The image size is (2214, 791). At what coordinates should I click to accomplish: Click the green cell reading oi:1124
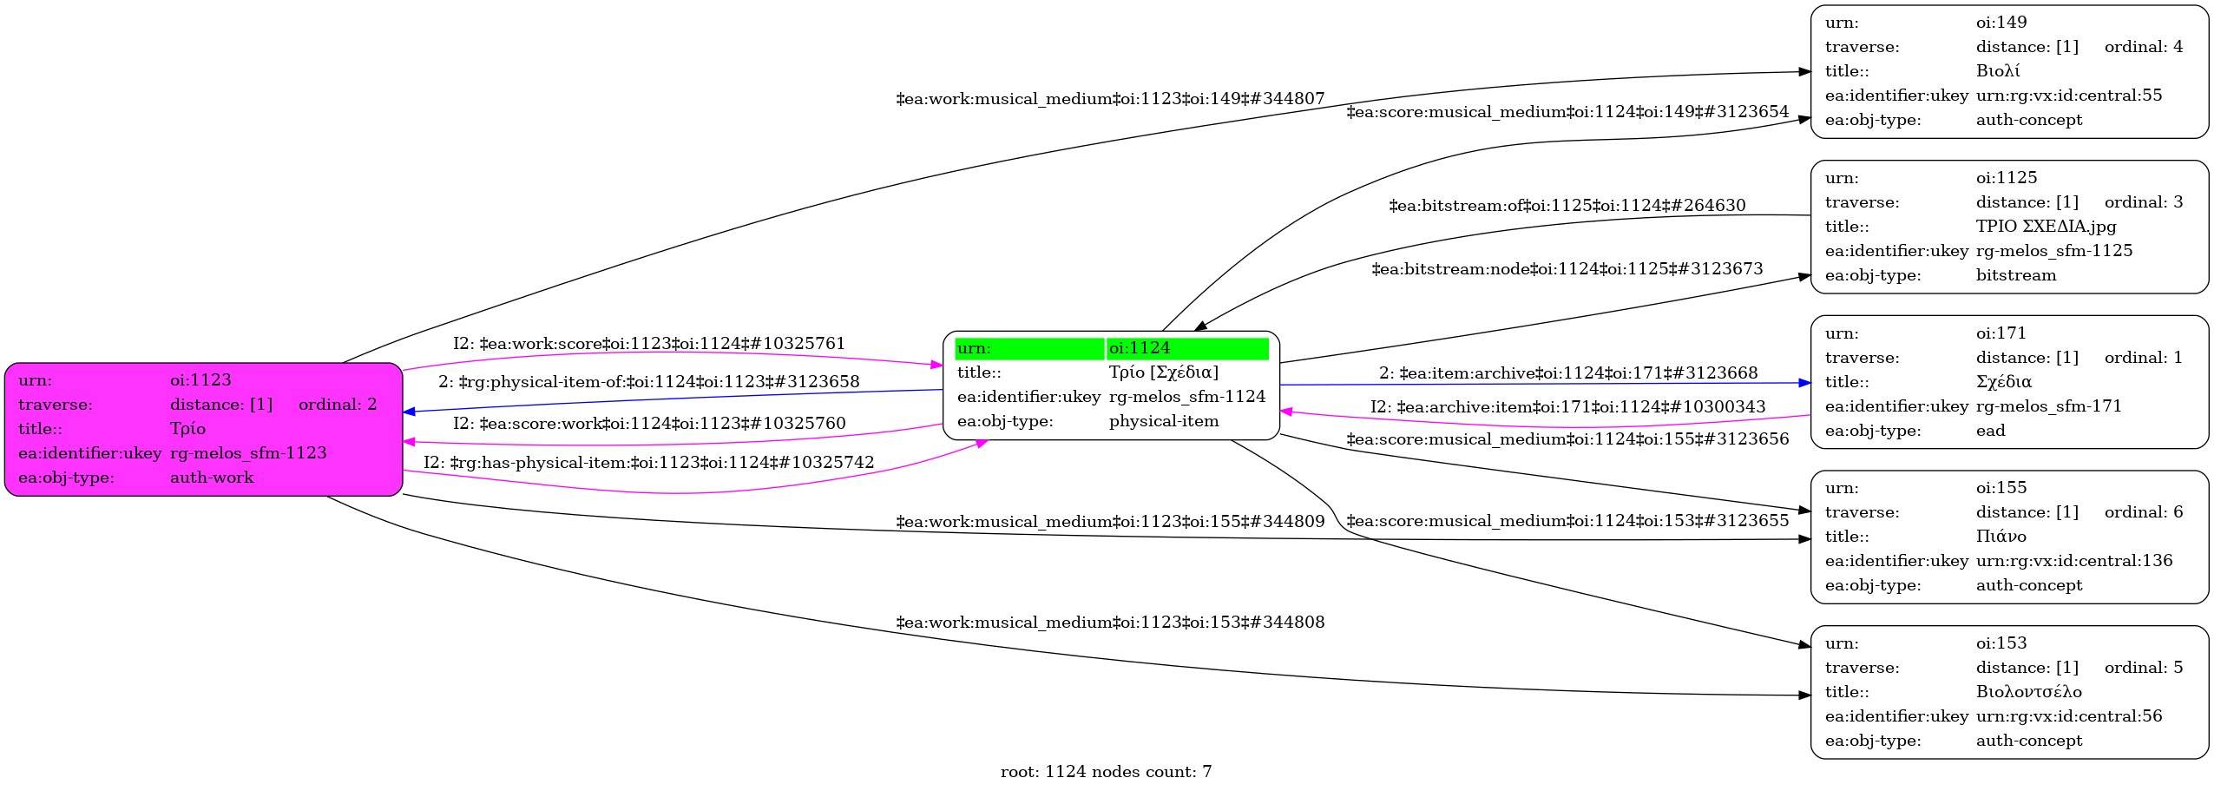(1187, 348)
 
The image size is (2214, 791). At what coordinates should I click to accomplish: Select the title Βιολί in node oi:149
(1998, 71)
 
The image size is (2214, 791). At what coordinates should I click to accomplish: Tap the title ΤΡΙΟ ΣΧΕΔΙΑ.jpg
(2046, 227)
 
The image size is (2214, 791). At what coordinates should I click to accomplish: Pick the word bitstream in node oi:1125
(2016, 275)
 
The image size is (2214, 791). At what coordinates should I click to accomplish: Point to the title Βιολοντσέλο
(2028, 692)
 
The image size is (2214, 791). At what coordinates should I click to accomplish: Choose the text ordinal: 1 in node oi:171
(2143, 358)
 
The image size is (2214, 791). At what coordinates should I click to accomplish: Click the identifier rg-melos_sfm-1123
(248, 453)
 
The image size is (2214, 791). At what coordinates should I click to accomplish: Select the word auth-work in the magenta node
(212, 478)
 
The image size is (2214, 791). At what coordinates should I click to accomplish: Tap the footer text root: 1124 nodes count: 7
(1106, 772)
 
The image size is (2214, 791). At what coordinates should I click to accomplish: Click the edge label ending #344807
(1110, 99)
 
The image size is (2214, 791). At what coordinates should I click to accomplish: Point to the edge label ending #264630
(1567, 206)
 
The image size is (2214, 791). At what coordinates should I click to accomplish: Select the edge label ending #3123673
(1567, 269)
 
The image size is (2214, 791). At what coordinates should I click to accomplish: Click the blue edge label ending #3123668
(1568, 373)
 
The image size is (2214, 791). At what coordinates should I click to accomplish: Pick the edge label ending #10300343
(1568, 407)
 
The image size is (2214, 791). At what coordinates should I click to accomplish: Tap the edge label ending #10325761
(649, 344)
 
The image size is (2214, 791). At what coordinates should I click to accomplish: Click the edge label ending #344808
(1110, 623)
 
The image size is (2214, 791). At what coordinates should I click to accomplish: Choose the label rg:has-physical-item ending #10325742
(649, 463)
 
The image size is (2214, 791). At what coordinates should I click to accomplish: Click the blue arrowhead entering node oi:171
(1804, 383)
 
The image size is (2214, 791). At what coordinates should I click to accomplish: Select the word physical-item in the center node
(1164, 421)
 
